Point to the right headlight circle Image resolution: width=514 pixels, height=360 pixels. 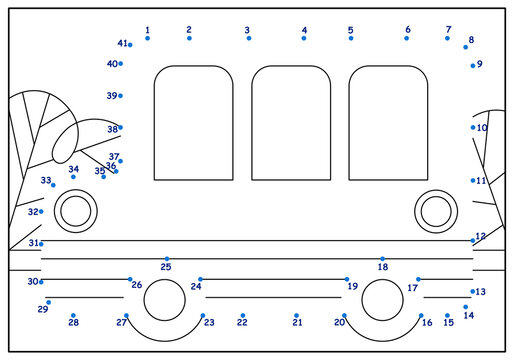point(436,210)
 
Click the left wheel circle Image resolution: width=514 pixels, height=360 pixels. point(165,301)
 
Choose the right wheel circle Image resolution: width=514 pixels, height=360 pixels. point(382,301)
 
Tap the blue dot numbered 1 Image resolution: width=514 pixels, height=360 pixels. point(148,39)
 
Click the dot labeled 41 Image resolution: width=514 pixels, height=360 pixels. point(130,45)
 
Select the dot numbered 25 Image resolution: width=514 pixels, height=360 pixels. point(167,258)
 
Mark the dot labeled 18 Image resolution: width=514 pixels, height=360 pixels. point(382,258)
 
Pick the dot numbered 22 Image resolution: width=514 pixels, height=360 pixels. point(242,315)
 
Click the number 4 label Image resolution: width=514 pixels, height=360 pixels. point(304,30)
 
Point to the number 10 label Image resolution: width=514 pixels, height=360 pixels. point(482,128)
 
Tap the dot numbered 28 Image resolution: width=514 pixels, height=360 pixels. point(73,315)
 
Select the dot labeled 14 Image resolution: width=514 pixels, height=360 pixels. point(466,307)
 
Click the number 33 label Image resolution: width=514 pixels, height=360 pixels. point(46,181)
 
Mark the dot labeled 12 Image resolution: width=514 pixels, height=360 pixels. point(473,240)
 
